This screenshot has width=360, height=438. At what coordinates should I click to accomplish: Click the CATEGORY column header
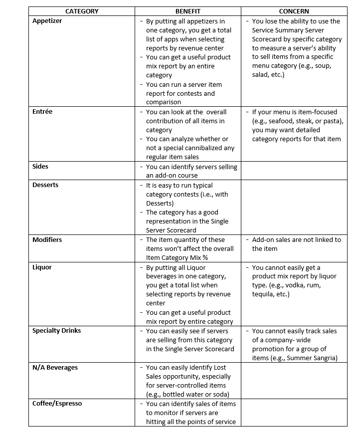click(x=82, y=11)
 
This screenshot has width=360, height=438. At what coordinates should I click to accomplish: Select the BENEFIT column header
click(x=187, y=11)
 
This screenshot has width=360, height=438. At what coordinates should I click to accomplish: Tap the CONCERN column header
click(x=294, y=11)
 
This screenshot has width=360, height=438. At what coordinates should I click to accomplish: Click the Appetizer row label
click(x=47, y=21)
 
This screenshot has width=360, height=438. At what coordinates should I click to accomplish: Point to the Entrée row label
click(x=42, y=112)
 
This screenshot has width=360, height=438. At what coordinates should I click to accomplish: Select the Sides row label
click(x=40, y=167)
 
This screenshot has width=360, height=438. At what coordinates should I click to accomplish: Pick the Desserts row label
click(x=45, y=185)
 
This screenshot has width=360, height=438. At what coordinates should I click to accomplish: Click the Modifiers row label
click(x=47, y=240)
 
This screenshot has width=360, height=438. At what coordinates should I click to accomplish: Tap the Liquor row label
click(x=42, y=267)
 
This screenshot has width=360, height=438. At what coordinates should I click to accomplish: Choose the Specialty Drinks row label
click(x=56, y=331)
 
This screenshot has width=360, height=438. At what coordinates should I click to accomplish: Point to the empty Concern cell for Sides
click(x=294, y=171)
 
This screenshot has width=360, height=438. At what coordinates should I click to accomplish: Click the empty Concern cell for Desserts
click(x=294, y=207)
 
